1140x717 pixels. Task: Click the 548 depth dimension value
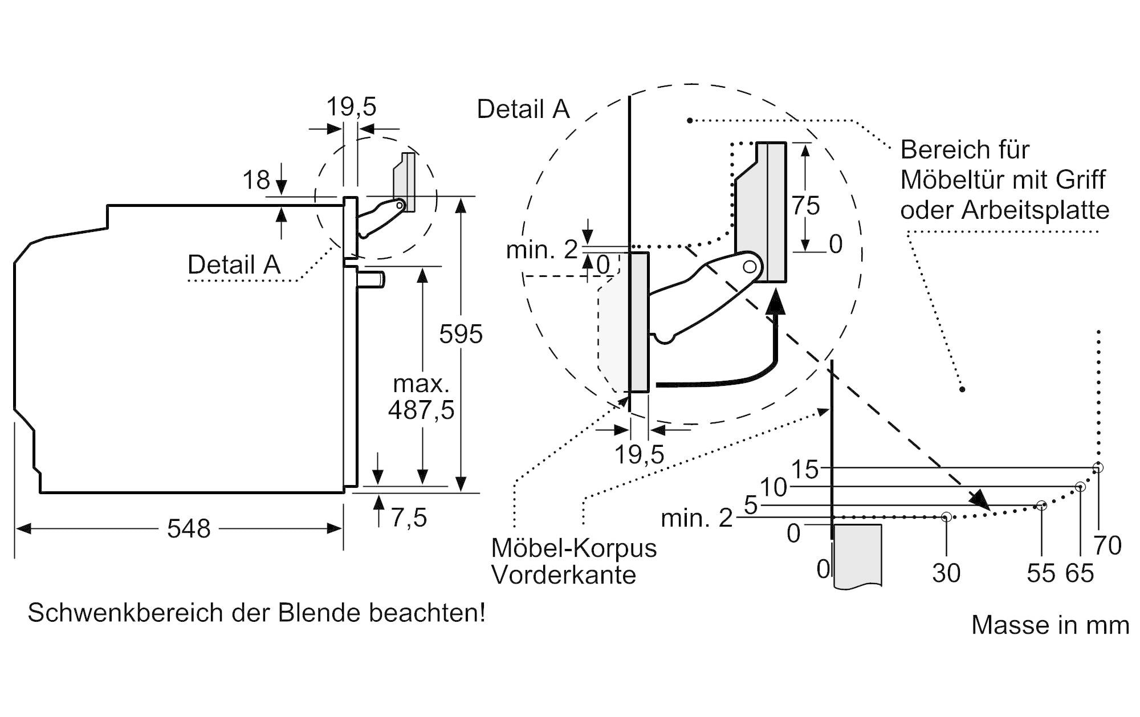[x=189, y=529]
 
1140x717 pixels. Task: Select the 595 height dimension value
[x=461, y=334]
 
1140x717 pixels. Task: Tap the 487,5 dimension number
[x=421, y=410]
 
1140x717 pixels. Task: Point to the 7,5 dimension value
[x=409, y=518]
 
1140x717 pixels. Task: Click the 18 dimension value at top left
[x=256, y=181]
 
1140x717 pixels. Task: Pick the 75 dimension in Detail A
[x=805, y=206]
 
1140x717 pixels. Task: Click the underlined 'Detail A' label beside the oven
[x=234, y=264]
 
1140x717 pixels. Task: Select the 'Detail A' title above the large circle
[x=523, y=109]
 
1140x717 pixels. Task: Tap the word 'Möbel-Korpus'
[x=573, y=548]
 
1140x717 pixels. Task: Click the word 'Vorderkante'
[x=564, y=575]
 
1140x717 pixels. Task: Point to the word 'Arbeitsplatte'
[x=1036, y=210]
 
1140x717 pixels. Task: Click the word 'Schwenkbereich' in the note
[x=125, y=613]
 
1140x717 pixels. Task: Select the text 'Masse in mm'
[x=1050, y=625]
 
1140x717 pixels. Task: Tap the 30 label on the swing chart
[x=946, y=573]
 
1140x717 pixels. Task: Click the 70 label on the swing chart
[x=1108, y=546]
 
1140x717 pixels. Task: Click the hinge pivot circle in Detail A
[x=750, y=266]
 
